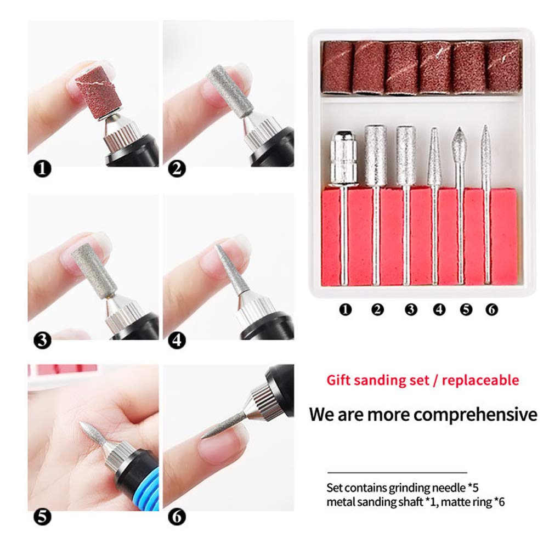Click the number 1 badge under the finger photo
(x=42, y=169)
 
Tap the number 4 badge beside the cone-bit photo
(x=177, y=341)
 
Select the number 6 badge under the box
(x=491, y=309)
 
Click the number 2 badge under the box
(x=377, y=309)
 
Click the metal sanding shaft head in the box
(x=343, y=158)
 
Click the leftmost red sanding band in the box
(x=337, y=67)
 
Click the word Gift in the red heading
(x=338, y=380)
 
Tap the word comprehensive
(x=476, y=415)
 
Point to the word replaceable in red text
(x=480, y=380)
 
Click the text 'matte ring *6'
(x=473, y=502)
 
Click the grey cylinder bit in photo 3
(x=94, y=271)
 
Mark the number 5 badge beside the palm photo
(x=42, y=517)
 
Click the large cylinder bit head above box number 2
(x=375, y=155)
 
